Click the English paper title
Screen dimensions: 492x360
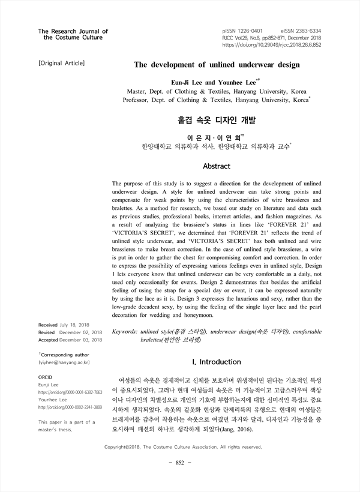(x=216, y=64)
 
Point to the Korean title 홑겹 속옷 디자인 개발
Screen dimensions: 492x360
(x=217, y=121)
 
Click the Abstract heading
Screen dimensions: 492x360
(x=217, y=165)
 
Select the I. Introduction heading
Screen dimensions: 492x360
(x=216, y=362)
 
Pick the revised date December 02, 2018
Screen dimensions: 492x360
(x=80, y=332)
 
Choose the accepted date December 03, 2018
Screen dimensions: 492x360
(x=81, y=340)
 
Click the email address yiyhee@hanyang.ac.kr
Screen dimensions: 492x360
(x=64, y=363)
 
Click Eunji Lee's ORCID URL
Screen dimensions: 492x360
(x=70, y=391)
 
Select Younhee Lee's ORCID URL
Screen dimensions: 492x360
(x=70, y=407)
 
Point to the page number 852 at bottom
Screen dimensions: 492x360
(x=180, y=462)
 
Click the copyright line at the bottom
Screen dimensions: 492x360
(x=183, y=447)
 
